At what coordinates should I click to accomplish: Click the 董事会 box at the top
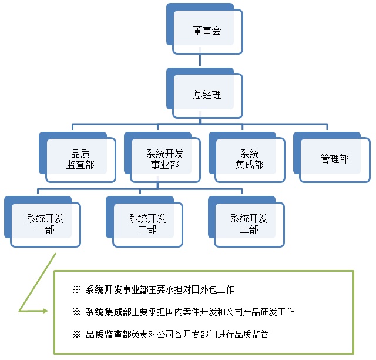tap(207, 31)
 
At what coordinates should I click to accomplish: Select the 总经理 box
tap(207, 94)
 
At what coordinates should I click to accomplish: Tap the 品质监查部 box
tap(80, 159)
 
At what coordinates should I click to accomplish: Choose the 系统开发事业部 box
tap(164, 159)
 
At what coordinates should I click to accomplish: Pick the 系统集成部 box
tap(249, 159)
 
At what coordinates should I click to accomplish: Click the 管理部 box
tap(334, 159)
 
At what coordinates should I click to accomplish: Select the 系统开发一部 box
tap(45, 224)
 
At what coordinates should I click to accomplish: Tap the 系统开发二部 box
tap(147, 224)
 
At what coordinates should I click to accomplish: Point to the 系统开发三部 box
tap(249, 224)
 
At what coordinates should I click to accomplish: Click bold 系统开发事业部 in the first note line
tap(117, 289)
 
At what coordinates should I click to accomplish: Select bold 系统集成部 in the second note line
tap(109, 312)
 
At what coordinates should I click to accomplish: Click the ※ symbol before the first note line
tap(76, 289)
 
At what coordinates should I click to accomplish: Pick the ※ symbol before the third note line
tap(76, 334)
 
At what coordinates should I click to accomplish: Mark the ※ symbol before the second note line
tap(76, 312)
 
